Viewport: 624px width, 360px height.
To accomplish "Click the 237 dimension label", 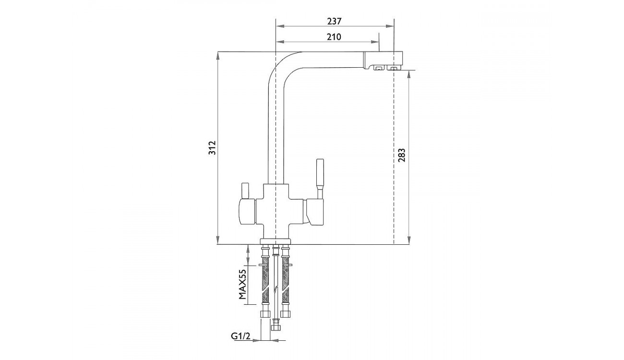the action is coord(334,21).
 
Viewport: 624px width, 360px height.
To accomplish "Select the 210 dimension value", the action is coord(334,37).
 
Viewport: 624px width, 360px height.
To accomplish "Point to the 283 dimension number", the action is coord(401,156).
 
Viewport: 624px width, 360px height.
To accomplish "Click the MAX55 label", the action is coord(243,284).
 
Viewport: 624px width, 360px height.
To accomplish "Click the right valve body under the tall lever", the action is coord(314,212).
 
